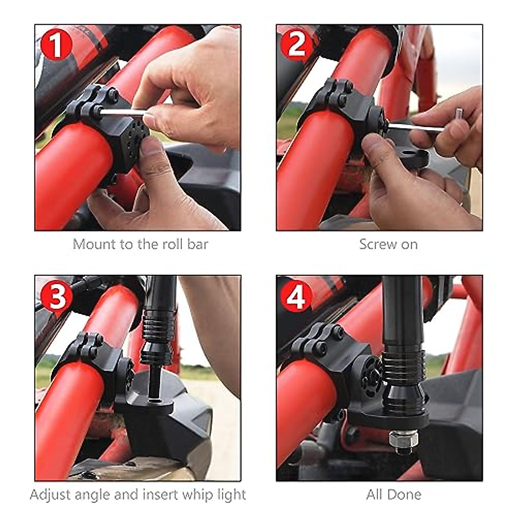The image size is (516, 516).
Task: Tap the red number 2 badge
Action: point(297,44)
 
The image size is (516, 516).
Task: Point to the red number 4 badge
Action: point(296,296)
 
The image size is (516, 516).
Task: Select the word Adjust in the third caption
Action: point(50,494)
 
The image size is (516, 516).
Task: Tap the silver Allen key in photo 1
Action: point(123,113)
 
